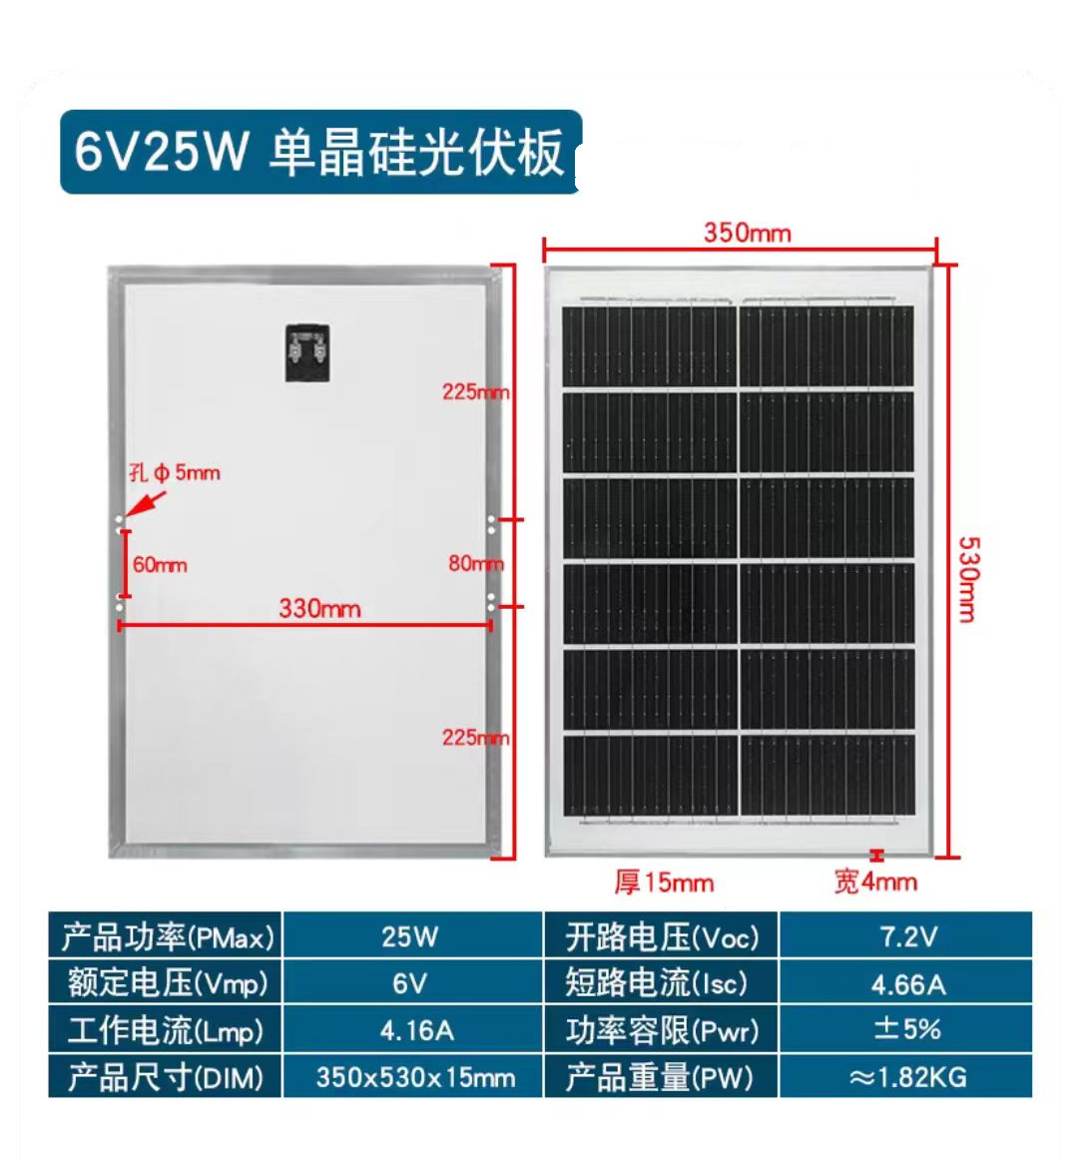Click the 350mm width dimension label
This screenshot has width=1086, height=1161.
747,233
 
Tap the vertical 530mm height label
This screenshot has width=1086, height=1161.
967,579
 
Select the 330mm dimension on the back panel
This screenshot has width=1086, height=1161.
319,608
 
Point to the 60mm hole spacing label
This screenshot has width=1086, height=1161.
160,565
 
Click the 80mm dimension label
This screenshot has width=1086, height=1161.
475,563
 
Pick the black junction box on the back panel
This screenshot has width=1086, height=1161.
306,352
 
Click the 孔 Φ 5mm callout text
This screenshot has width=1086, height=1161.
175,472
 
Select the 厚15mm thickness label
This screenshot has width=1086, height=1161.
664,882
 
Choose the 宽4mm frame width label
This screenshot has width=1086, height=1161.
874,881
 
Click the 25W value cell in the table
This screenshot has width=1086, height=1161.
410,936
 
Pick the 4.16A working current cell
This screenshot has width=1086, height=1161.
415,1030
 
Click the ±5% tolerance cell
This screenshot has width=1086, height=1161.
906,1029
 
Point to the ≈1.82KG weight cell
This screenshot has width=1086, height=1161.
906,1077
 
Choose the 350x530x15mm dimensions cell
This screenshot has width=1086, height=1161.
415,1077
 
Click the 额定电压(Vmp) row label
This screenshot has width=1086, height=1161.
167,983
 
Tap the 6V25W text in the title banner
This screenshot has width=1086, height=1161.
161,152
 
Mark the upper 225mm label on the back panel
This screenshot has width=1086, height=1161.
475,391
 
